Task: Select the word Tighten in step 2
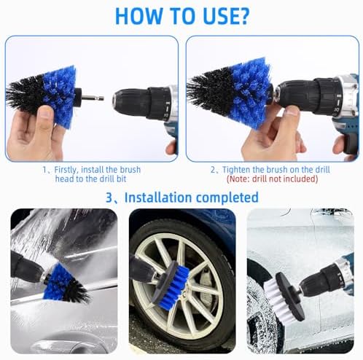tap(236, 170)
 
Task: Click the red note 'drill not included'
tap(272, 179)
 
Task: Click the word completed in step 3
tap(227, 197)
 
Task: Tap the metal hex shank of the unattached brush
tap(93, 98)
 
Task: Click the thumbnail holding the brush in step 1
tap(46, 114)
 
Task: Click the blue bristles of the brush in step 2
tap(251, 93)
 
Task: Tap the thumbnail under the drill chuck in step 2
tap(292, 111)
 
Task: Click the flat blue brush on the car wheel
tap(173, 283)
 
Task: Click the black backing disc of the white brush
tap(289, 297)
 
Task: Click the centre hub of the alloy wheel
tap(185, 294)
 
